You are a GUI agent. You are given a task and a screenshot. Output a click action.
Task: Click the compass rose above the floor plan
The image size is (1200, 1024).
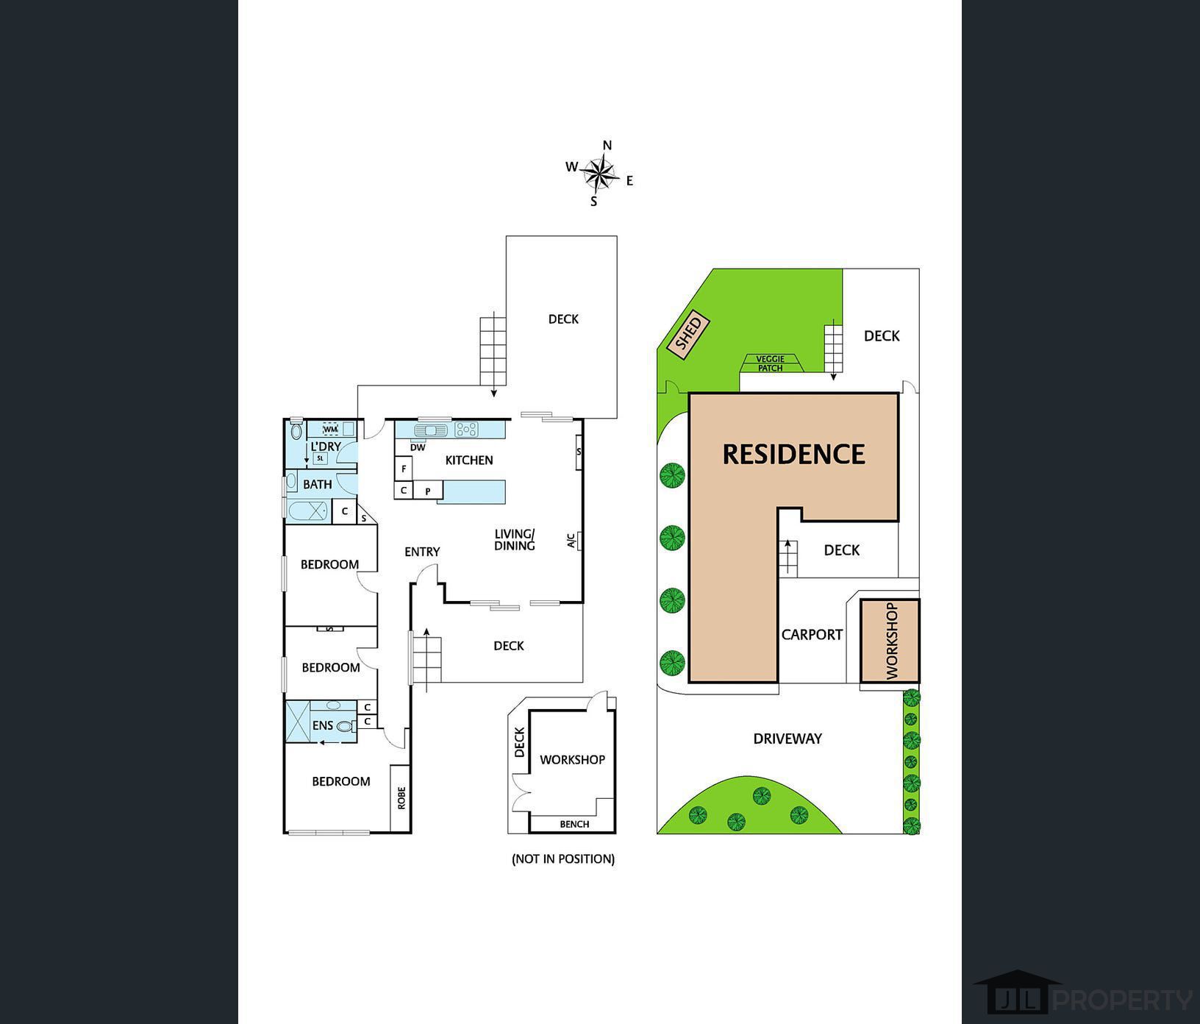click(601, 174)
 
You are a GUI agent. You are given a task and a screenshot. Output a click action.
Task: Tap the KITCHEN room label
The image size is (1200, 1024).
click(469, 461)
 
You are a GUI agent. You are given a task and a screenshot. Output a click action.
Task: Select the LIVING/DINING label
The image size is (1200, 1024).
click(515, 540)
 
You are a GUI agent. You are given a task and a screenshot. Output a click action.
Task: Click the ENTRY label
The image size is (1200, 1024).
click(422, 552)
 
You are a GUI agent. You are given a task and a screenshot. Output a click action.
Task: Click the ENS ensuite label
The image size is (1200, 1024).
click(323, 725)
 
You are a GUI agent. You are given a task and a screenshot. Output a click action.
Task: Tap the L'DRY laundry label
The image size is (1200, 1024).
click(325, 447)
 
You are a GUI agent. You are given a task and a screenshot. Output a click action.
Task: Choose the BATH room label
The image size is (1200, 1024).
click(318, 485)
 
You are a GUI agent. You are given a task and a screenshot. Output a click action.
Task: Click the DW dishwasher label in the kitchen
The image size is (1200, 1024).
click(418, 447)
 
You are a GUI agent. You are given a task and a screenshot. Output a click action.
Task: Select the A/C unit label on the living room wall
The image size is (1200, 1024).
click(571, 541)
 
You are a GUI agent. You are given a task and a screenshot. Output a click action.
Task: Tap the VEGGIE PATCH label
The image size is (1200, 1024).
click(771, 363)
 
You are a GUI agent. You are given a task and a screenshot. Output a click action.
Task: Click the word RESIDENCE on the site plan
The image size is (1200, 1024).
click(793, 454)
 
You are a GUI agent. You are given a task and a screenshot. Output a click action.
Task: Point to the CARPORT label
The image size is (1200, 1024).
click(812, 635)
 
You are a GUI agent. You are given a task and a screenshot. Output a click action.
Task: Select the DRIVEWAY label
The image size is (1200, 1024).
click(787, 739)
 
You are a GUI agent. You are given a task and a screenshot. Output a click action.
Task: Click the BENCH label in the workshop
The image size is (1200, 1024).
click(574, 824)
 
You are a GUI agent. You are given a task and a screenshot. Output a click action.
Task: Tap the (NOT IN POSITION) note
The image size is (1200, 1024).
click(563, 858)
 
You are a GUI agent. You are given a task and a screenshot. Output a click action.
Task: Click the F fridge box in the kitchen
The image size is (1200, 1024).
click(404, 468)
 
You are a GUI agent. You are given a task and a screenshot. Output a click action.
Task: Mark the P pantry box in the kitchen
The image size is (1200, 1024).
click(427, 491)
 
